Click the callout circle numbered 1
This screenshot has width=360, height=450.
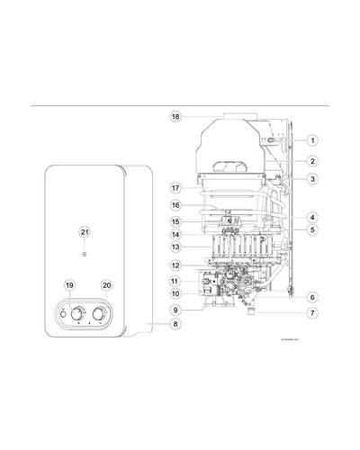(311, 140)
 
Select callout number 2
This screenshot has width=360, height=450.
(311, 161)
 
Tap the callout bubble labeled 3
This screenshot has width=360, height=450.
(311, 179)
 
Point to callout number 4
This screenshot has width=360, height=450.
(311, 217)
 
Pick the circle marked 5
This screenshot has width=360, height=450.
(311, 229)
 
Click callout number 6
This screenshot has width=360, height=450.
(311, 297)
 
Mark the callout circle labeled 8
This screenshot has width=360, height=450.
(176, 323)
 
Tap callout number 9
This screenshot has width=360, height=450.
(176, 310)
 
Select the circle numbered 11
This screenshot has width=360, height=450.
(176, 281)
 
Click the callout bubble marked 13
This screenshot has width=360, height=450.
(176, 247)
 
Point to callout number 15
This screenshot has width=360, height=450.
(176, 221)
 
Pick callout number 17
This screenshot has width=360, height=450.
(176, 188)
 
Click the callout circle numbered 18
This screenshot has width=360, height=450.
(176, 117)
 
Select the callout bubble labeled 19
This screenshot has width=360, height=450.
(70, 285)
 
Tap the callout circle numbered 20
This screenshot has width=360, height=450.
(107, 285)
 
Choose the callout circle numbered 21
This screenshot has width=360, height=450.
(85, 232)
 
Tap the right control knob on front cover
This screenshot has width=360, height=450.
(103, 313)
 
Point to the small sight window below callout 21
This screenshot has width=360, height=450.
(85, 253)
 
